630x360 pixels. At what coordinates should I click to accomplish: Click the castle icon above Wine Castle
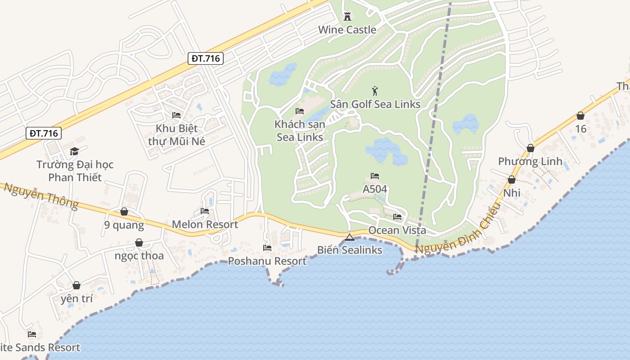coord(347,17)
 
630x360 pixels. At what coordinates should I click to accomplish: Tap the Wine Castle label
coord(347,30)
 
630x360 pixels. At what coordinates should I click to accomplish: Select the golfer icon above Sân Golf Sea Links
coord(375,91)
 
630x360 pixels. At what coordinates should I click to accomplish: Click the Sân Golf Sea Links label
coord(375,104)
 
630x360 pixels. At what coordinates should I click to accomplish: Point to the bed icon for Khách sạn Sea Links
coord(300,111)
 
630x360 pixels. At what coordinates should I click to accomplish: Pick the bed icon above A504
coord(375,175)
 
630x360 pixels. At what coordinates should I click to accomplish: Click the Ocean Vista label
coord(397,230)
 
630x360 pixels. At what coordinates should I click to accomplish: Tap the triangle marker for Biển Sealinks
coord(350,237)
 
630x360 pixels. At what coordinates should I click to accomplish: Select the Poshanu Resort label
coord(267,261)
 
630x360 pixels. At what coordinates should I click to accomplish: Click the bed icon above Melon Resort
coord(205,211)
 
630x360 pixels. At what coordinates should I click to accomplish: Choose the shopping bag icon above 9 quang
coord(124,211)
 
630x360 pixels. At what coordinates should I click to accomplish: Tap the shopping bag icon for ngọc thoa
coord(139,243)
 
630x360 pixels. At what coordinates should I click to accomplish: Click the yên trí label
coord(76,298)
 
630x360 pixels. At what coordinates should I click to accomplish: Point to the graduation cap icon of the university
coord(75,151)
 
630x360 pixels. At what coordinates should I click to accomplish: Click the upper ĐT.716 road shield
coord(205,58)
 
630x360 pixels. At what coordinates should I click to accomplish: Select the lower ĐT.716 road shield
coord(43,133)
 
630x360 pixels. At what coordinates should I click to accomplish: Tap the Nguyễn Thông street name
coord(41,196)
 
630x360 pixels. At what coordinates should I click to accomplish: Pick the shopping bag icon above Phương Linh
coord(531,148)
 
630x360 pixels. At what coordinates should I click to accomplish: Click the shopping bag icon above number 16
coord(580,116)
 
